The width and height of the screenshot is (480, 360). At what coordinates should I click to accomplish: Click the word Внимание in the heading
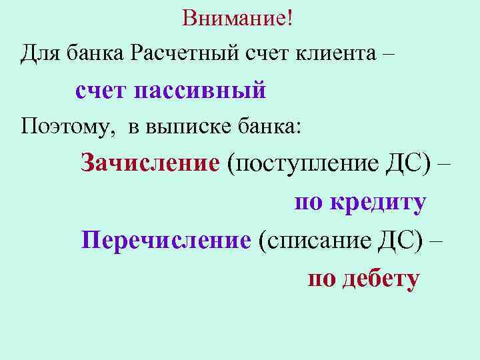point(233,19)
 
